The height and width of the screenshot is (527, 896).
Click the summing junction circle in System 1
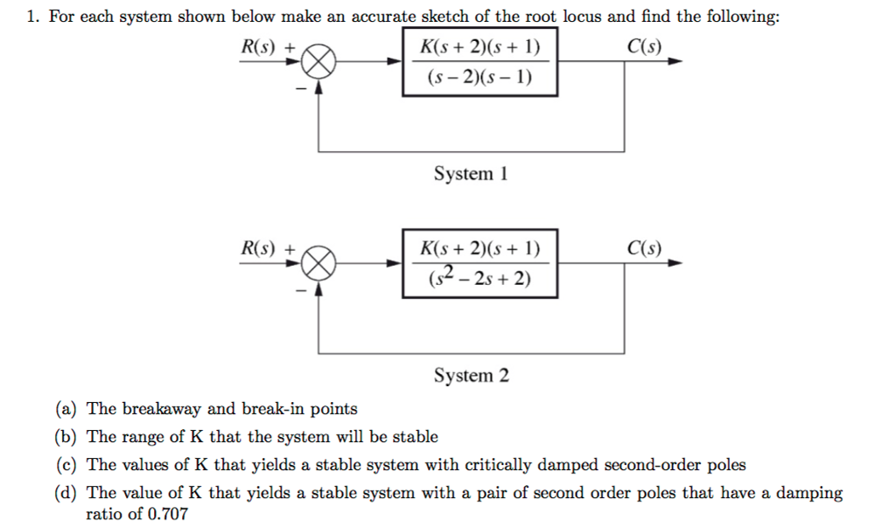pyautogui.click(x=319, y=61)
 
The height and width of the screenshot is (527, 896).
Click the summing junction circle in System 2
pyautogui.click(x=319, y=262)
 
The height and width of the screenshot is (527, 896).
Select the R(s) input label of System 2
pyautogui.click(x=261, y=247)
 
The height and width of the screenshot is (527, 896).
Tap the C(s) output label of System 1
pyautogui.click(x=645, y=45)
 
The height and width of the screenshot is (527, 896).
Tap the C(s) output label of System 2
pyautogui.click(x=645, y=247)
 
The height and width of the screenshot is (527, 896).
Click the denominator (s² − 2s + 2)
pyautogui.click(x=479, y=279)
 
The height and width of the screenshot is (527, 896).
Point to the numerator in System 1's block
pyautogui.click(x=479, y=47)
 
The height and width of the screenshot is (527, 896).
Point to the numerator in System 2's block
pyautogui.click(x=479, y=248)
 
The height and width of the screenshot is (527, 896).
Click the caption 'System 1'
pyautogui.click(x=471, y=174)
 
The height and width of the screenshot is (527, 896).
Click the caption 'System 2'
pyautogui.click(x=471, y=376)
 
